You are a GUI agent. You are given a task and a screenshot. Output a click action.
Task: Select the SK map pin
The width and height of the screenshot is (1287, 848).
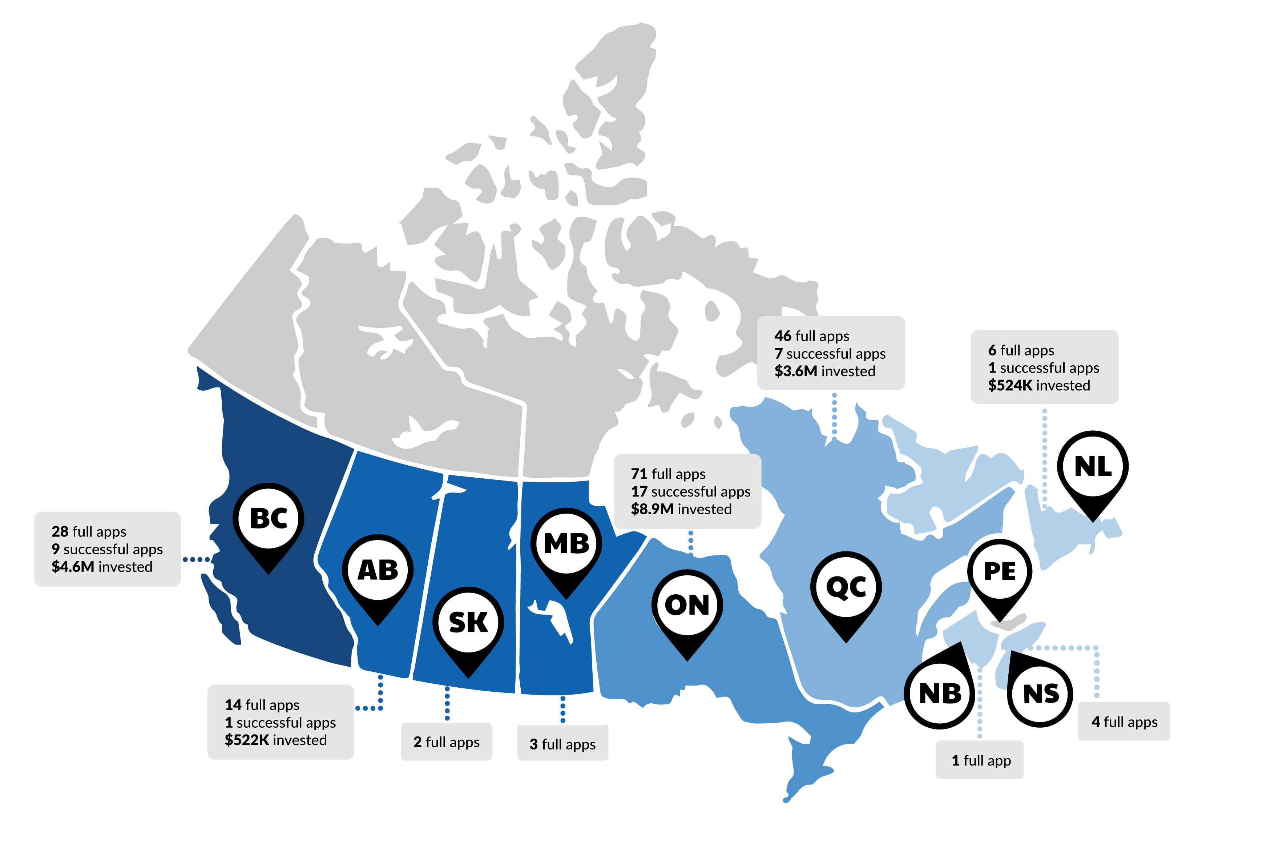coord(468,623)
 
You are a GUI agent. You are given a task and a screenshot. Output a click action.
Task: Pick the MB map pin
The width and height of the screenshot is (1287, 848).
coord(566,543)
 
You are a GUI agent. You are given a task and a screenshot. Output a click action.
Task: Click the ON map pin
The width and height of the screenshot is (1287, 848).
coord(687,605)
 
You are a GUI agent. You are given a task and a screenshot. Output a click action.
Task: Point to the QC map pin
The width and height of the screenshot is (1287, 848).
coord(846,587)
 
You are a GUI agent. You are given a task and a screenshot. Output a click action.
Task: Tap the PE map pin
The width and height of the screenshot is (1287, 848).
coord(1000,572)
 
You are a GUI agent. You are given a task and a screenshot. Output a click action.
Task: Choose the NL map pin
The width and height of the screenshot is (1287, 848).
coord(1093,466)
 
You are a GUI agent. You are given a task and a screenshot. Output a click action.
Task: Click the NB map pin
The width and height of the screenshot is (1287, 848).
coord(940,693)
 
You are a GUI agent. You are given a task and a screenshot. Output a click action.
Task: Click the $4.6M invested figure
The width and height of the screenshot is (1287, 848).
coord(73,567)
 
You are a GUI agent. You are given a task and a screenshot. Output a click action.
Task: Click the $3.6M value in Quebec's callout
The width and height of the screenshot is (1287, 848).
coord(795,371)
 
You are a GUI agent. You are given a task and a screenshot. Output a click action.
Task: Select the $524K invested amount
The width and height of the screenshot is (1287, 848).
coord(1010,386)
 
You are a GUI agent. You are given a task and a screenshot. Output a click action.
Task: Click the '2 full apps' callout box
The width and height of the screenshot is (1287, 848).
coord(447,742)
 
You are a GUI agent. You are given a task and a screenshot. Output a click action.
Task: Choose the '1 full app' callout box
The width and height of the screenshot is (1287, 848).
coord(980,761)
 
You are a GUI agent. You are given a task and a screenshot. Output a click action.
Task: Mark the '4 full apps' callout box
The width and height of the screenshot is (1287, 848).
coord(1124,722)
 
